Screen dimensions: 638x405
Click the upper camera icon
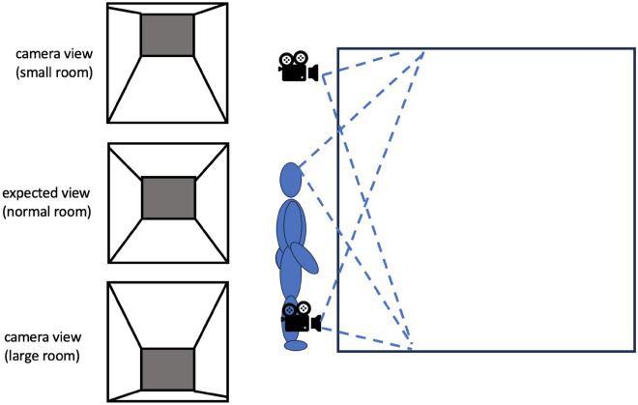[x=297, y=67]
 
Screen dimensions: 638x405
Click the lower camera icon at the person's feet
[x=300, y=315]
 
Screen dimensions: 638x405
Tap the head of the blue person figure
[x=291, y=179]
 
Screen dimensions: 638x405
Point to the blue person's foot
[x=297, y=344]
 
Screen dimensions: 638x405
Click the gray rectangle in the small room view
[x=168, y=35]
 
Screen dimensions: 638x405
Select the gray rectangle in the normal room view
[x=168, y=197]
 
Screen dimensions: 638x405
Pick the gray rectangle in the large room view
[x=168, y=367]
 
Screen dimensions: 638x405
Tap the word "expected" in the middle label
[x=33, y=194]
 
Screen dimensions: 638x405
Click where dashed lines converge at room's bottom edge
[x=412, y=349]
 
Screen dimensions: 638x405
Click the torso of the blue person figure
[x=291, y=227]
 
